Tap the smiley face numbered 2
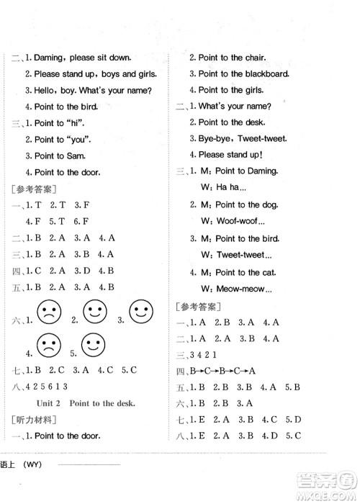(94, 313)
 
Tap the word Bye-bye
(215, 139)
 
